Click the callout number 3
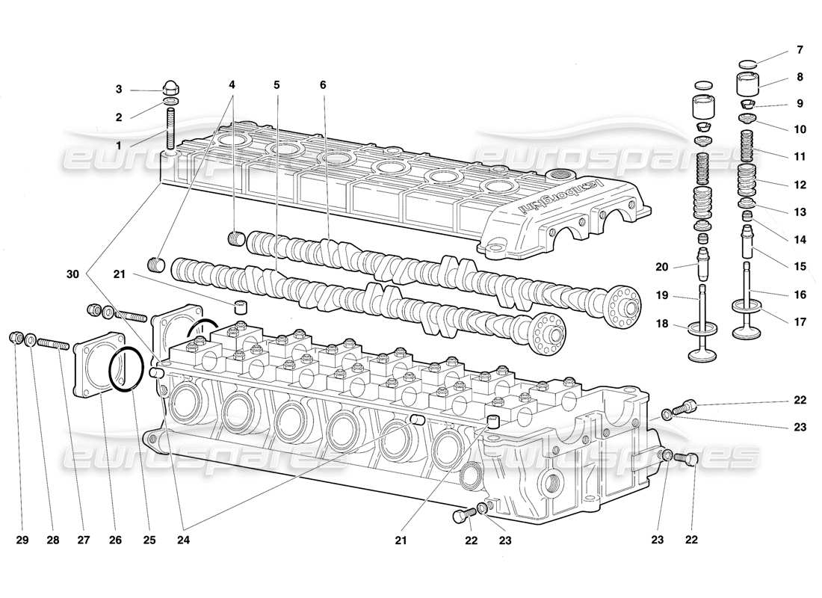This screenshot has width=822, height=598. [118, 90]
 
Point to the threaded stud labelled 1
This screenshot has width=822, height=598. [170, 129]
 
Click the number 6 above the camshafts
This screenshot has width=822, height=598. [323, 85]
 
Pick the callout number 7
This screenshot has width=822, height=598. [800, 50]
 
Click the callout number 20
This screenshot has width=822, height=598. [660, 267]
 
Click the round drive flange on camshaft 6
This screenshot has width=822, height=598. [624, 306]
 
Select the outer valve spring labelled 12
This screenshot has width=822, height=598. [749, 181]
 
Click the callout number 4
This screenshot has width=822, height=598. [233, 85]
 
